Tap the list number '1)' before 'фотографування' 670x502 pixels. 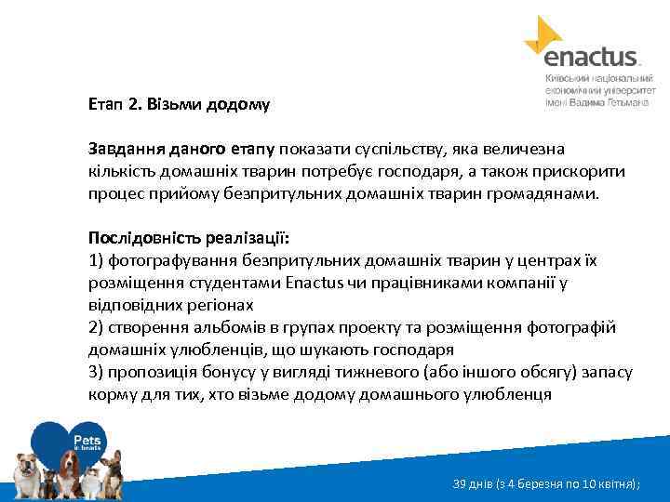pyautogui.click(x=97, y=260)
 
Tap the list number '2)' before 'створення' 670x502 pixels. pyautogui.click(x=97, y=327)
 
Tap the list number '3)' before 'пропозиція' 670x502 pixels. pyautogui.click(x=97, y=372)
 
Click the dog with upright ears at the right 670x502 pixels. pyautogui.click(x=114, y=469)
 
